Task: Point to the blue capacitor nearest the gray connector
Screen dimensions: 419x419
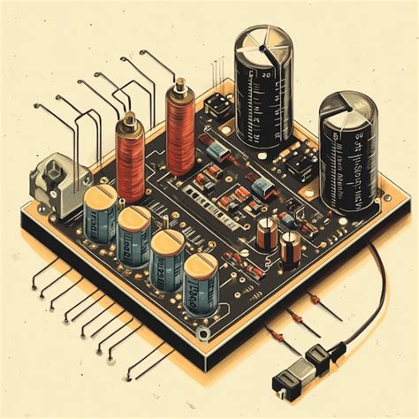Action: point(99,212)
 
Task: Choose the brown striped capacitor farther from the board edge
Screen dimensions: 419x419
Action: point(266,232)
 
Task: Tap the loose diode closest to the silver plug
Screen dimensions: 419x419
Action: point(277,336)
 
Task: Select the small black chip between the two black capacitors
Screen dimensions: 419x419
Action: point(301,163)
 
